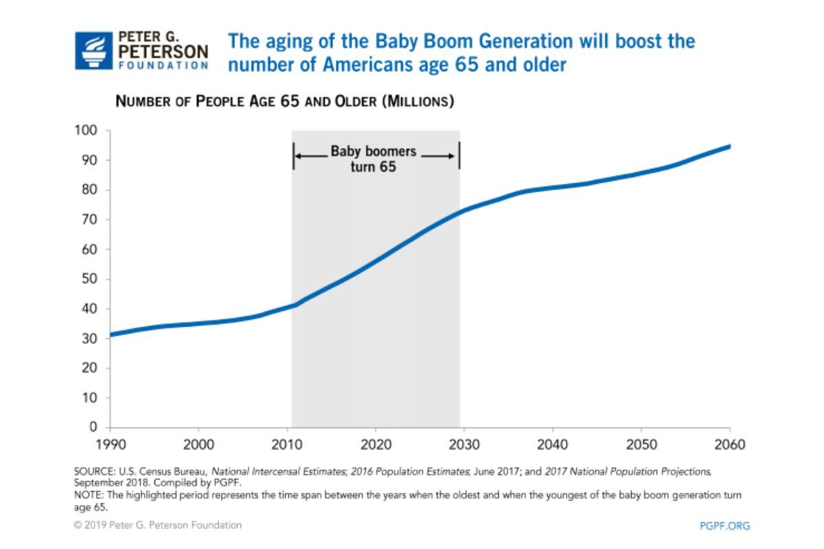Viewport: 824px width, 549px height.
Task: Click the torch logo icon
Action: point(93,50)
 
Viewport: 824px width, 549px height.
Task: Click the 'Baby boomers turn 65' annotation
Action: point(374,159)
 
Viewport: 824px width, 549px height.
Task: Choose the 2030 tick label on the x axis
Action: point(464,445)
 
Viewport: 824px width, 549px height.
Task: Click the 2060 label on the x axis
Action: point(729,445)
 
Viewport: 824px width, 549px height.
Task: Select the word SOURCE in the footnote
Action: point(91,472)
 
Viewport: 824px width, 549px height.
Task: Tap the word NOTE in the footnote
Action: point(87,494)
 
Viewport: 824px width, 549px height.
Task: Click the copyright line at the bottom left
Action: point(158,525)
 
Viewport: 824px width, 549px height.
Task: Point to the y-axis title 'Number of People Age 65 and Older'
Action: point(285,102)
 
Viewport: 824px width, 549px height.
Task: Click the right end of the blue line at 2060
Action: point(729,146)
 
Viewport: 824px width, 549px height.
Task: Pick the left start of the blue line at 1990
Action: point(111,334)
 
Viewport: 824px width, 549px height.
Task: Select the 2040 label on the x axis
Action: point(552,445)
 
